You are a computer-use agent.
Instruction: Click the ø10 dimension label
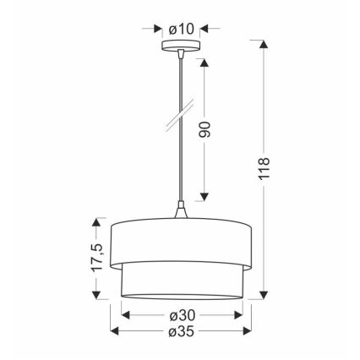pyautogui.click(x=181, y=28)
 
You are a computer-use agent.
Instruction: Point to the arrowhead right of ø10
pyautogui.click(x=204, y=28)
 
